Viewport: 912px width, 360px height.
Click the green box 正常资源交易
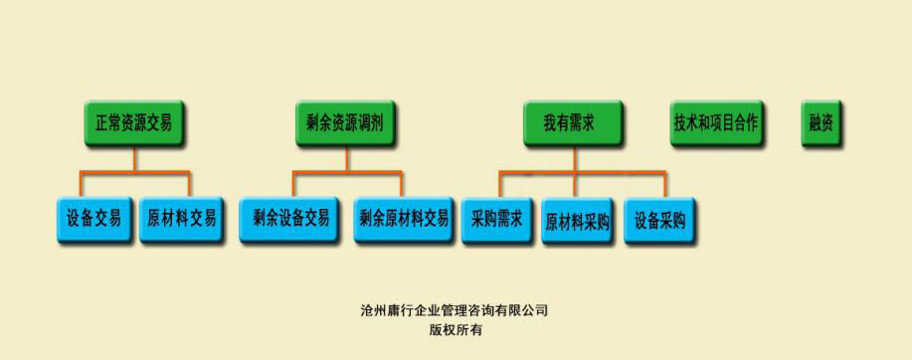tap(134, 124)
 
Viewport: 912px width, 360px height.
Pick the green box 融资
tap(821, 124)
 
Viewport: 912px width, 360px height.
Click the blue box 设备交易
tap(94, 218)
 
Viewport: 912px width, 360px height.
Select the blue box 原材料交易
tap(181, 218)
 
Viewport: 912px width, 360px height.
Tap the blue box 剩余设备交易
tap(291, 218)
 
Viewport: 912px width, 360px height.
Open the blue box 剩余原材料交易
tap(404, 218)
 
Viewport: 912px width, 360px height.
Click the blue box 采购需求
tap(497, 218)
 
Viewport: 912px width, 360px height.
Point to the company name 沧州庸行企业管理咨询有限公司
tap(455, 310)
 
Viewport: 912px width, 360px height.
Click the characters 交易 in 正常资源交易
tap(159, 124)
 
